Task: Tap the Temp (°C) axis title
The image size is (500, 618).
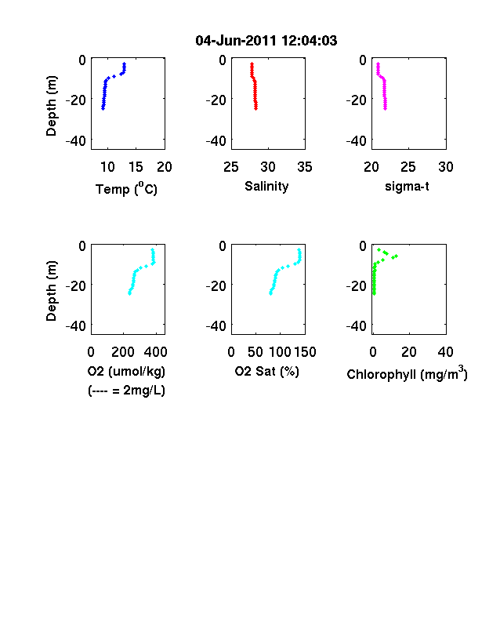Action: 126,189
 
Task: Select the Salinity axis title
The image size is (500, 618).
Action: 266,187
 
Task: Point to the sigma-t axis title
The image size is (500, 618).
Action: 407,186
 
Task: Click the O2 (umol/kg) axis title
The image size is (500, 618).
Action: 126,371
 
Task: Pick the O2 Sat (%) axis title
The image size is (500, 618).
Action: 267,371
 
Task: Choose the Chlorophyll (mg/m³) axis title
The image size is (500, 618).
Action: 407,373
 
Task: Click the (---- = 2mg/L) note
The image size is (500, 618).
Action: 126,391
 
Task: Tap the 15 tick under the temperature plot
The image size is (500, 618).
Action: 136,167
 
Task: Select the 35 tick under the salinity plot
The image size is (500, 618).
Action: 305,167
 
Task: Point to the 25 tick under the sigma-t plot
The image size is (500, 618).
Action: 408,167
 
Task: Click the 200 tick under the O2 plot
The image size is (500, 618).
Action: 123,352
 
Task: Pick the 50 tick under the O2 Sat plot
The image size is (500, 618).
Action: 255,352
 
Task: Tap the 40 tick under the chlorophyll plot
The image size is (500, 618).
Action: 445,352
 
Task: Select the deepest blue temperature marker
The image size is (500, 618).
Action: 103,108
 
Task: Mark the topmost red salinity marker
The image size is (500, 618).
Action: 252,64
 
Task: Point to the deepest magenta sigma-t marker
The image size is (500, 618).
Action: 385,108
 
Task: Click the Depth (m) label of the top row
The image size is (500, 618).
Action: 51,106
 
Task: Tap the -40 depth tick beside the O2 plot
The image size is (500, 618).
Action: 75,326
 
